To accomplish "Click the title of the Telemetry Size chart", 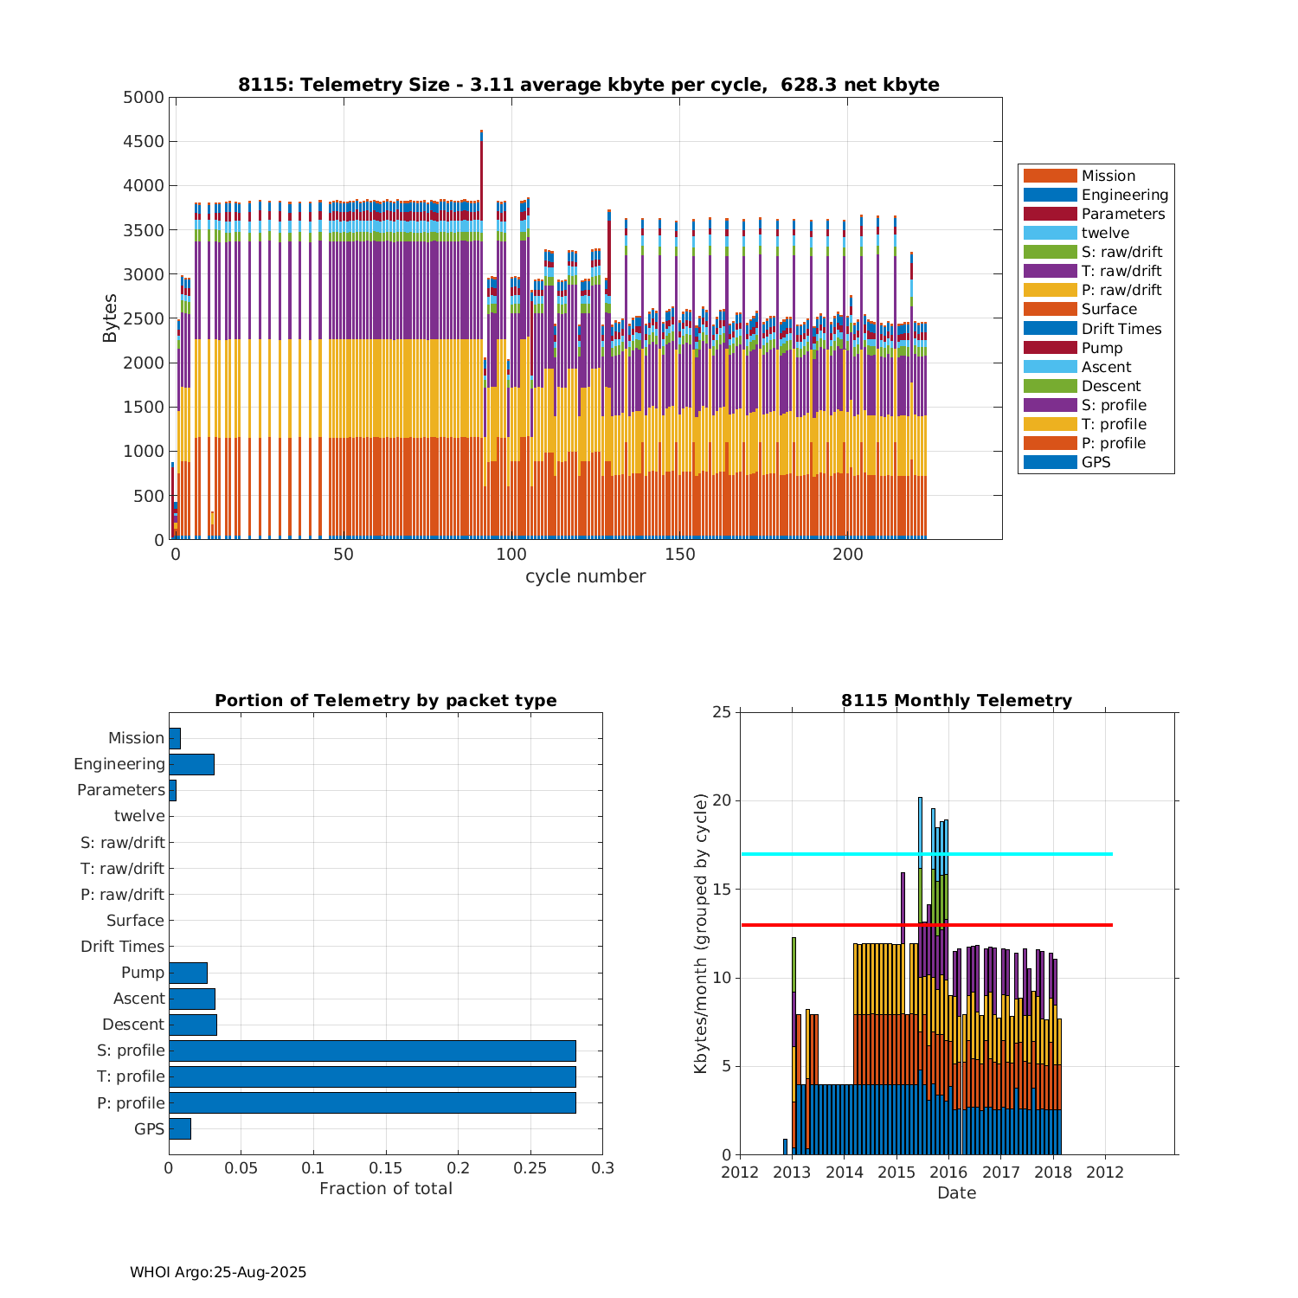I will tap(588, 85).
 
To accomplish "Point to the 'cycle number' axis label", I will tap(585, 576).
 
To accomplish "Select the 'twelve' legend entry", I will tap(1105, 233).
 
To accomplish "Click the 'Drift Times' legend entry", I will tap(1121, 329).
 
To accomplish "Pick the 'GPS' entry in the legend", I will tap(1096, 462).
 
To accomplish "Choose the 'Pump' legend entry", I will tap(1102, 348).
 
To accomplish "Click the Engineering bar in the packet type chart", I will tap(191, 764).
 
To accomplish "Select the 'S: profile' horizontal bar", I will tap(372, 1051).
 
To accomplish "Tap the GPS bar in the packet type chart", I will tap(180, 1128).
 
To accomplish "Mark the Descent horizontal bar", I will tap(193, 1025).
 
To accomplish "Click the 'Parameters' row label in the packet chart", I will tap(120, 790).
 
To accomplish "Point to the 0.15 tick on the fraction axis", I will tap(386, 1168).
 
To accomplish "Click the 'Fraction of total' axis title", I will tap(386, 1189).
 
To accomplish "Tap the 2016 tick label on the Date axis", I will tap(948, 1173).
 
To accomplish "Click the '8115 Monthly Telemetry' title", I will tap(956, 701).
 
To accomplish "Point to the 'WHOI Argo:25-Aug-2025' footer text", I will tap(218, 1272).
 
